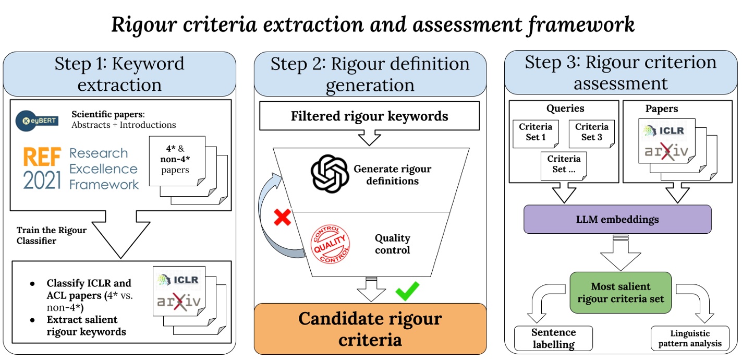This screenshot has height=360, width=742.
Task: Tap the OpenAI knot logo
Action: tap(329, 175)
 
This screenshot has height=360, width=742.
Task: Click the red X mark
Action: tap(282, 217)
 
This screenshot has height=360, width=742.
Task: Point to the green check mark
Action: tap(407, 291)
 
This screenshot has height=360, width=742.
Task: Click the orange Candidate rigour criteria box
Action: tap(370, 329)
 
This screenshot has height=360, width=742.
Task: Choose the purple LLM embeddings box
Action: tap(617, 219)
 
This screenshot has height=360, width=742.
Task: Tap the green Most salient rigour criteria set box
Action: tap(621, 293)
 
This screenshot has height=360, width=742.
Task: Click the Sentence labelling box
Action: tap(553, 339)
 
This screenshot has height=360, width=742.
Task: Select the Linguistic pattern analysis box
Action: tap(690, 339)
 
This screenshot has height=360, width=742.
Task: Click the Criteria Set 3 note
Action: tap(591, 133)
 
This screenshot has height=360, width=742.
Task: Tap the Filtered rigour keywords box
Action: tap(369, 116)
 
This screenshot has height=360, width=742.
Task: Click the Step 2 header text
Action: tap(370, 74)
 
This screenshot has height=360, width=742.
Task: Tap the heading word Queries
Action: tap(565, 109)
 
